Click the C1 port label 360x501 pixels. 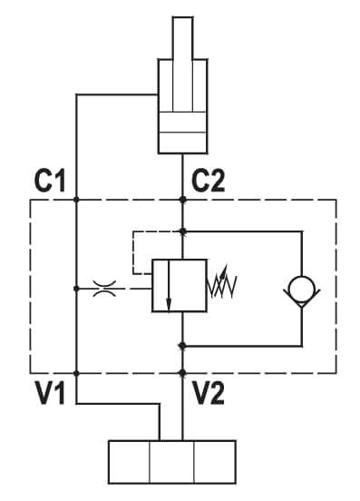[x=50, y=181]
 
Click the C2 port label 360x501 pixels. [x=208, y=181]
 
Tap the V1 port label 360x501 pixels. [x=50, y=393]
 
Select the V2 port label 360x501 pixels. [x=209, y=393]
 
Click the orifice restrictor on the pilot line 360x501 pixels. [x=104, y=289]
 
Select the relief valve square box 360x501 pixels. [x=179, y=285]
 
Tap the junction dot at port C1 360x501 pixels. [x=76, y=200]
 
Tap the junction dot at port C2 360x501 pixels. [x=182, y=200]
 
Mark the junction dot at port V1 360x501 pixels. [x=76, y=373]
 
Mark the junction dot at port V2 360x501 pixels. [x=182, y=373]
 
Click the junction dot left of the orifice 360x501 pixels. [x=76, y=289]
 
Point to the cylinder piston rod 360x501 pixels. [x=182, y=64]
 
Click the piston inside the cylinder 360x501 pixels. [x=182, y=122]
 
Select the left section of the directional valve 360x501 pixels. [x=129, y=462]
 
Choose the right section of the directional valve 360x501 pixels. [x=215, y=462]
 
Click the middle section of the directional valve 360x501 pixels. [x=171, y=462]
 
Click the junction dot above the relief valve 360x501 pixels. [x=182, y=231]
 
